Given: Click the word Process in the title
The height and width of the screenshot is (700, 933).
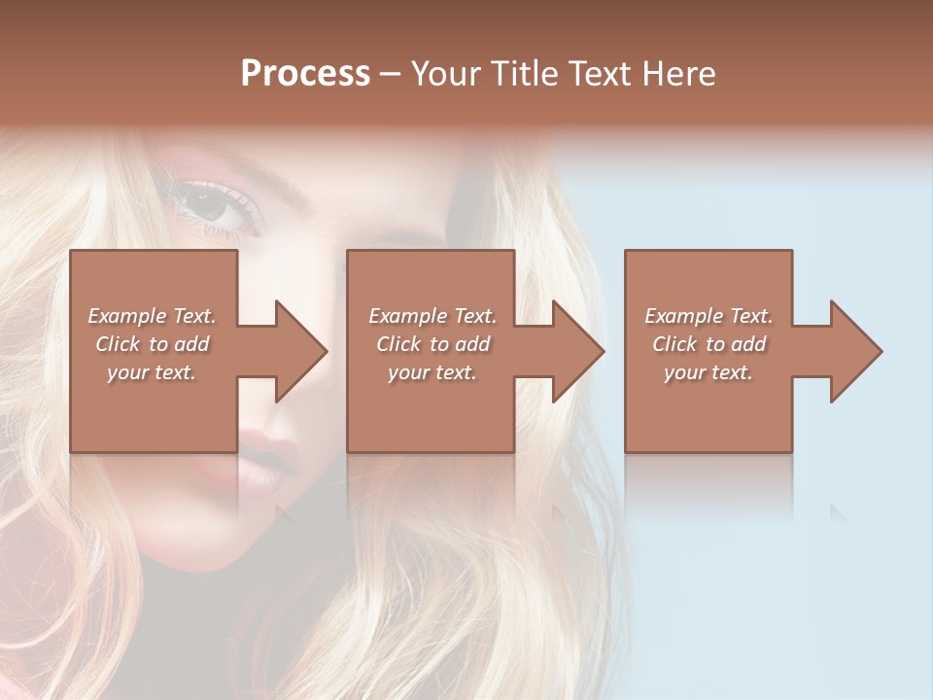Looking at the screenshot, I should click(x=305, y=74).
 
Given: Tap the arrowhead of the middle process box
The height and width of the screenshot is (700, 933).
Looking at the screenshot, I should click(x=576, y=351).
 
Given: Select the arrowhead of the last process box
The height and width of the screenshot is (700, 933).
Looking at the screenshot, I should click(x=854, y=351).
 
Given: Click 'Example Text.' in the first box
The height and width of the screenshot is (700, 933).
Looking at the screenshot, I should click(x=152, y=316).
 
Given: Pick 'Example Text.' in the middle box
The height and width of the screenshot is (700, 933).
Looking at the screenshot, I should click(x=432, y=316).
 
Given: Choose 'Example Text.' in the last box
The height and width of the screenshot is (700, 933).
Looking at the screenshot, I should click(x=708, y=316).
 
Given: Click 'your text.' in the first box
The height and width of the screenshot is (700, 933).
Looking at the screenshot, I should click(x=152, y=372).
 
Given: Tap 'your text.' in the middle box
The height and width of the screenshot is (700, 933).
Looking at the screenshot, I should click(x=432, y=372).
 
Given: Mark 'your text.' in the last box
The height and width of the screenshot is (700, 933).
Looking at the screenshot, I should click(x=708, y=372).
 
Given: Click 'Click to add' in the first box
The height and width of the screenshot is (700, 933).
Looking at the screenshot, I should click(x=152, y=344).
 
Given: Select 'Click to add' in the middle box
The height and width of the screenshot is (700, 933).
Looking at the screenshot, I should click(x=432, y=344).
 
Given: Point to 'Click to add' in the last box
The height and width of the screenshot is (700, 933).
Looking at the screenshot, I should click(x=708, y=344).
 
